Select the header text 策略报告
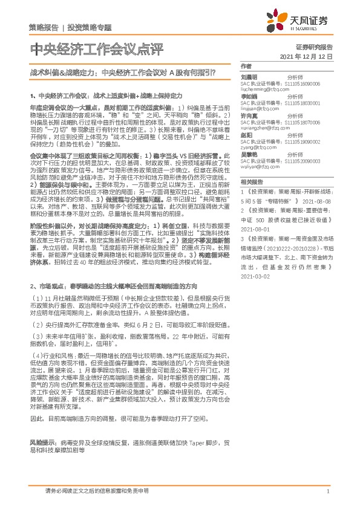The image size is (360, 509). pos(44,28)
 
